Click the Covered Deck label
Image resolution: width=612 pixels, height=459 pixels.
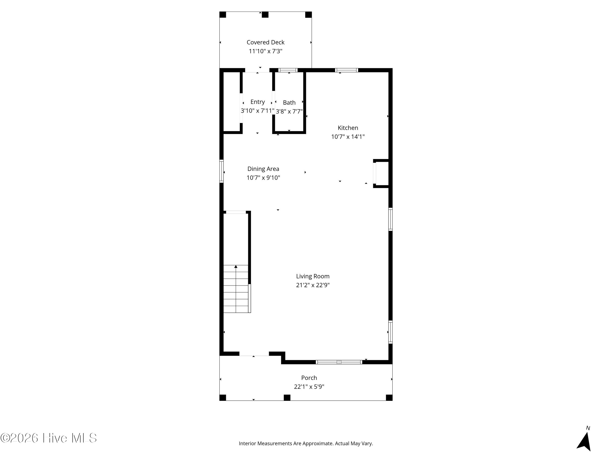[x=265, y=42]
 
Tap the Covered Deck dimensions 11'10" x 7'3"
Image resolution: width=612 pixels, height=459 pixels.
[x=265, y=51]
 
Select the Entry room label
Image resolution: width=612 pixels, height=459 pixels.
[x=258, y=102]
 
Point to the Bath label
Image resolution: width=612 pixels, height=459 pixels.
[x=289, y=103]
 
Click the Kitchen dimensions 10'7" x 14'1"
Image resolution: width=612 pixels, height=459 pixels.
[x=348, y=137]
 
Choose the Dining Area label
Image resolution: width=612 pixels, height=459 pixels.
[x=263, y=169]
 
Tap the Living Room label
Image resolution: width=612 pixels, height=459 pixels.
[x=313, y=276]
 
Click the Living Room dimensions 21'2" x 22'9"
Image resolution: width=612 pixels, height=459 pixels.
[x=313, y=285]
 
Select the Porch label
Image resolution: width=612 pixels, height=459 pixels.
[x=309, y=378]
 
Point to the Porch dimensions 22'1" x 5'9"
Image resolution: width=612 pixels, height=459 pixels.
[x=309, y=387]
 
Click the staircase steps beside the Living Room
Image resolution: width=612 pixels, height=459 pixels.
[x=236, y=289]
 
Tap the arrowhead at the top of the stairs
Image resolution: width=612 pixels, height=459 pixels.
[x=236, y=267]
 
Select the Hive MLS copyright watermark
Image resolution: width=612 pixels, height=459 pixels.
[x=49, y=438]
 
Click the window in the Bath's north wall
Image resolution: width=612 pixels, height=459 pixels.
[x=288, y=70]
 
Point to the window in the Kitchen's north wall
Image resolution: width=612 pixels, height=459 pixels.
[x=346, y=70]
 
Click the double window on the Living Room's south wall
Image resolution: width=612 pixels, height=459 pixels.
[x=339, y=362]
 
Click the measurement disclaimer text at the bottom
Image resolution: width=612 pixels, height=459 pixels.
[x=306, y=443]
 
